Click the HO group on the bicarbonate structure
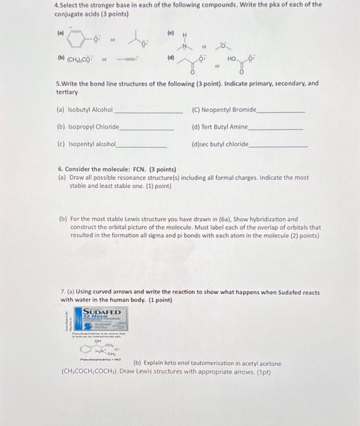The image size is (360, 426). [x=233, y=60]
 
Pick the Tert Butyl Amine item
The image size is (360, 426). [x=224, y=127]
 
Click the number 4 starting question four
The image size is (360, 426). [x=56, y=4]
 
